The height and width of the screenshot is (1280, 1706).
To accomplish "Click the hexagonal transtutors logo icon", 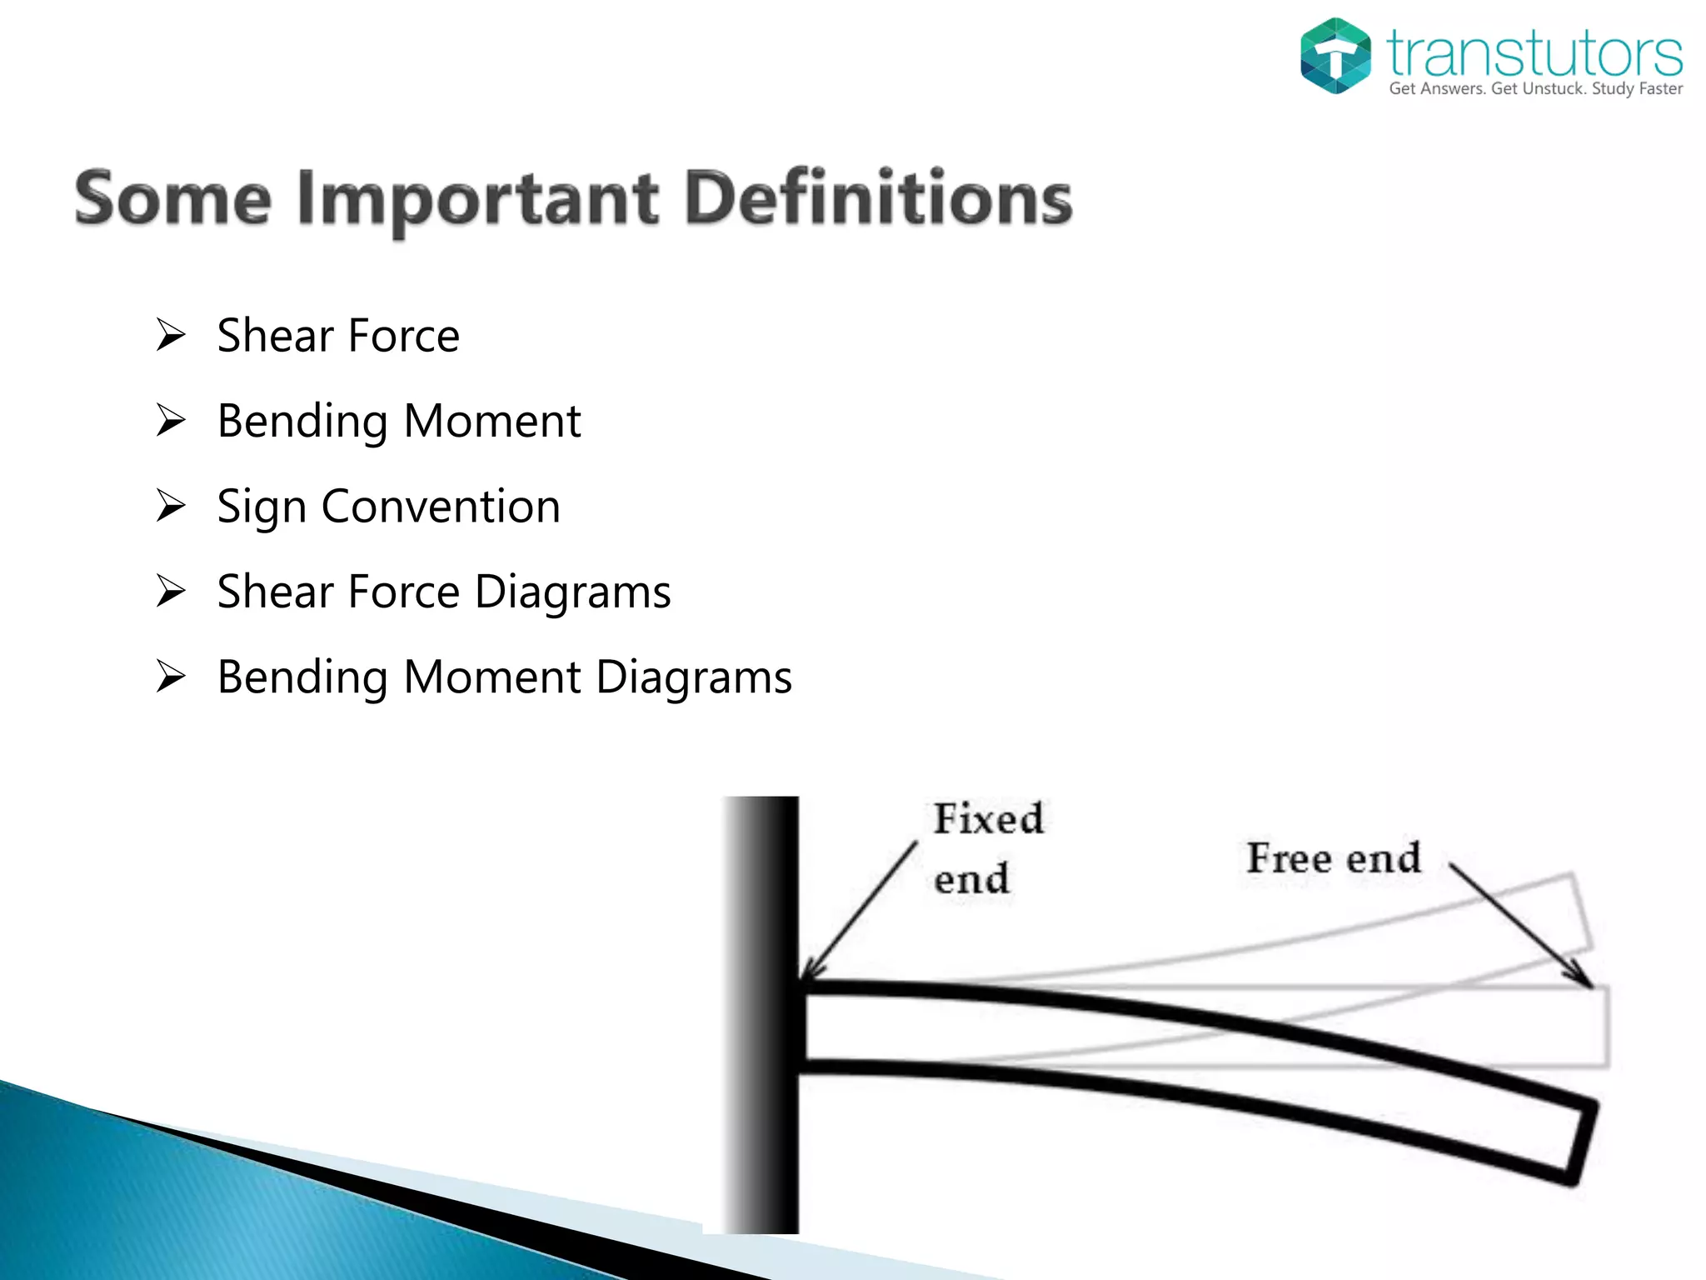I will coord(1334,56).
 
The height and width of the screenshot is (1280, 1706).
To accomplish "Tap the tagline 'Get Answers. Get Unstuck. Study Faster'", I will coord(1535,89).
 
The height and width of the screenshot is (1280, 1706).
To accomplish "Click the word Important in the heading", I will coord(478,200).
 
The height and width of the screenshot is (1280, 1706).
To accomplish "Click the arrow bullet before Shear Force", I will coord(171,336).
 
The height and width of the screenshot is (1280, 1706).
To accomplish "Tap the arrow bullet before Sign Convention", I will coord(171,506).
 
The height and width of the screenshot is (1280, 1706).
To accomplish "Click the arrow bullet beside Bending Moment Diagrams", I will coord(171,677).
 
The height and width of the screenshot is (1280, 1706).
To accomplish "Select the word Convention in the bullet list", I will coord(441,506).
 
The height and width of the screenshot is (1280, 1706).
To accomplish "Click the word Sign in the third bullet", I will coord(262,507).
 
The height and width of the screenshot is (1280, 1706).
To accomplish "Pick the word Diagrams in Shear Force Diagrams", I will coord(572,592).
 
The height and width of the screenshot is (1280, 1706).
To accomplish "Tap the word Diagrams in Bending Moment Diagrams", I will coord(694,677).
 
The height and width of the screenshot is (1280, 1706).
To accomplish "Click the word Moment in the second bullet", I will coord(491,421).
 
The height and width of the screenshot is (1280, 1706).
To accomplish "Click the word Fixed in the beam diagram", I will coord(988,818).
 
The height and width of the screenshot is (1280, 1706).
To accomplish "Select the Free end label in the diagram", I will coord(1333,858).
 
